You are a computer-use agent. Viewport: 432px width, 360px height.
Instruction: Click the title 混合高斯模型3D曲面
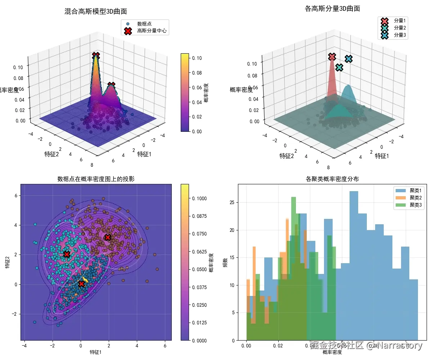coord(95,12)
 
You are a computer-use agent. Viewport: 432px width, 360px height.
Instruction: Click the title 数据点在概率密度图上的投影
coord(95,179)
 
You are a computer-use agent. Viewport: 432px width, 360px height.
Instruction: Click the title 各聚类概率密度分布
coord(332,179)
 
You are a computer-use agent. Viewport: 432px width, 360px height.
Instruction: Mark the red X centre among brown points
coord(108,237)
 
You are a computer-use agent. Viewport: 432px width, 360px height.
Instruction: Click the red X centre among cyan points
coord(67,254)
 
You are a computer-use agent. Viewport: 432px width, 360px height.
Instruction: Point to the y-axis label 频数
coord(225,262)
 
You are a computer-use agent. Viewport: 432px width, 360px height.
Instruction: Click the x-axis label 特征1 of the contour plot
coord(95,352)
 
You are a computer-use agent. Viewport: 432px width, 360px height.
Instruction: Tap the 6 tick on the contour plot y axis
coord(16,195)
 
